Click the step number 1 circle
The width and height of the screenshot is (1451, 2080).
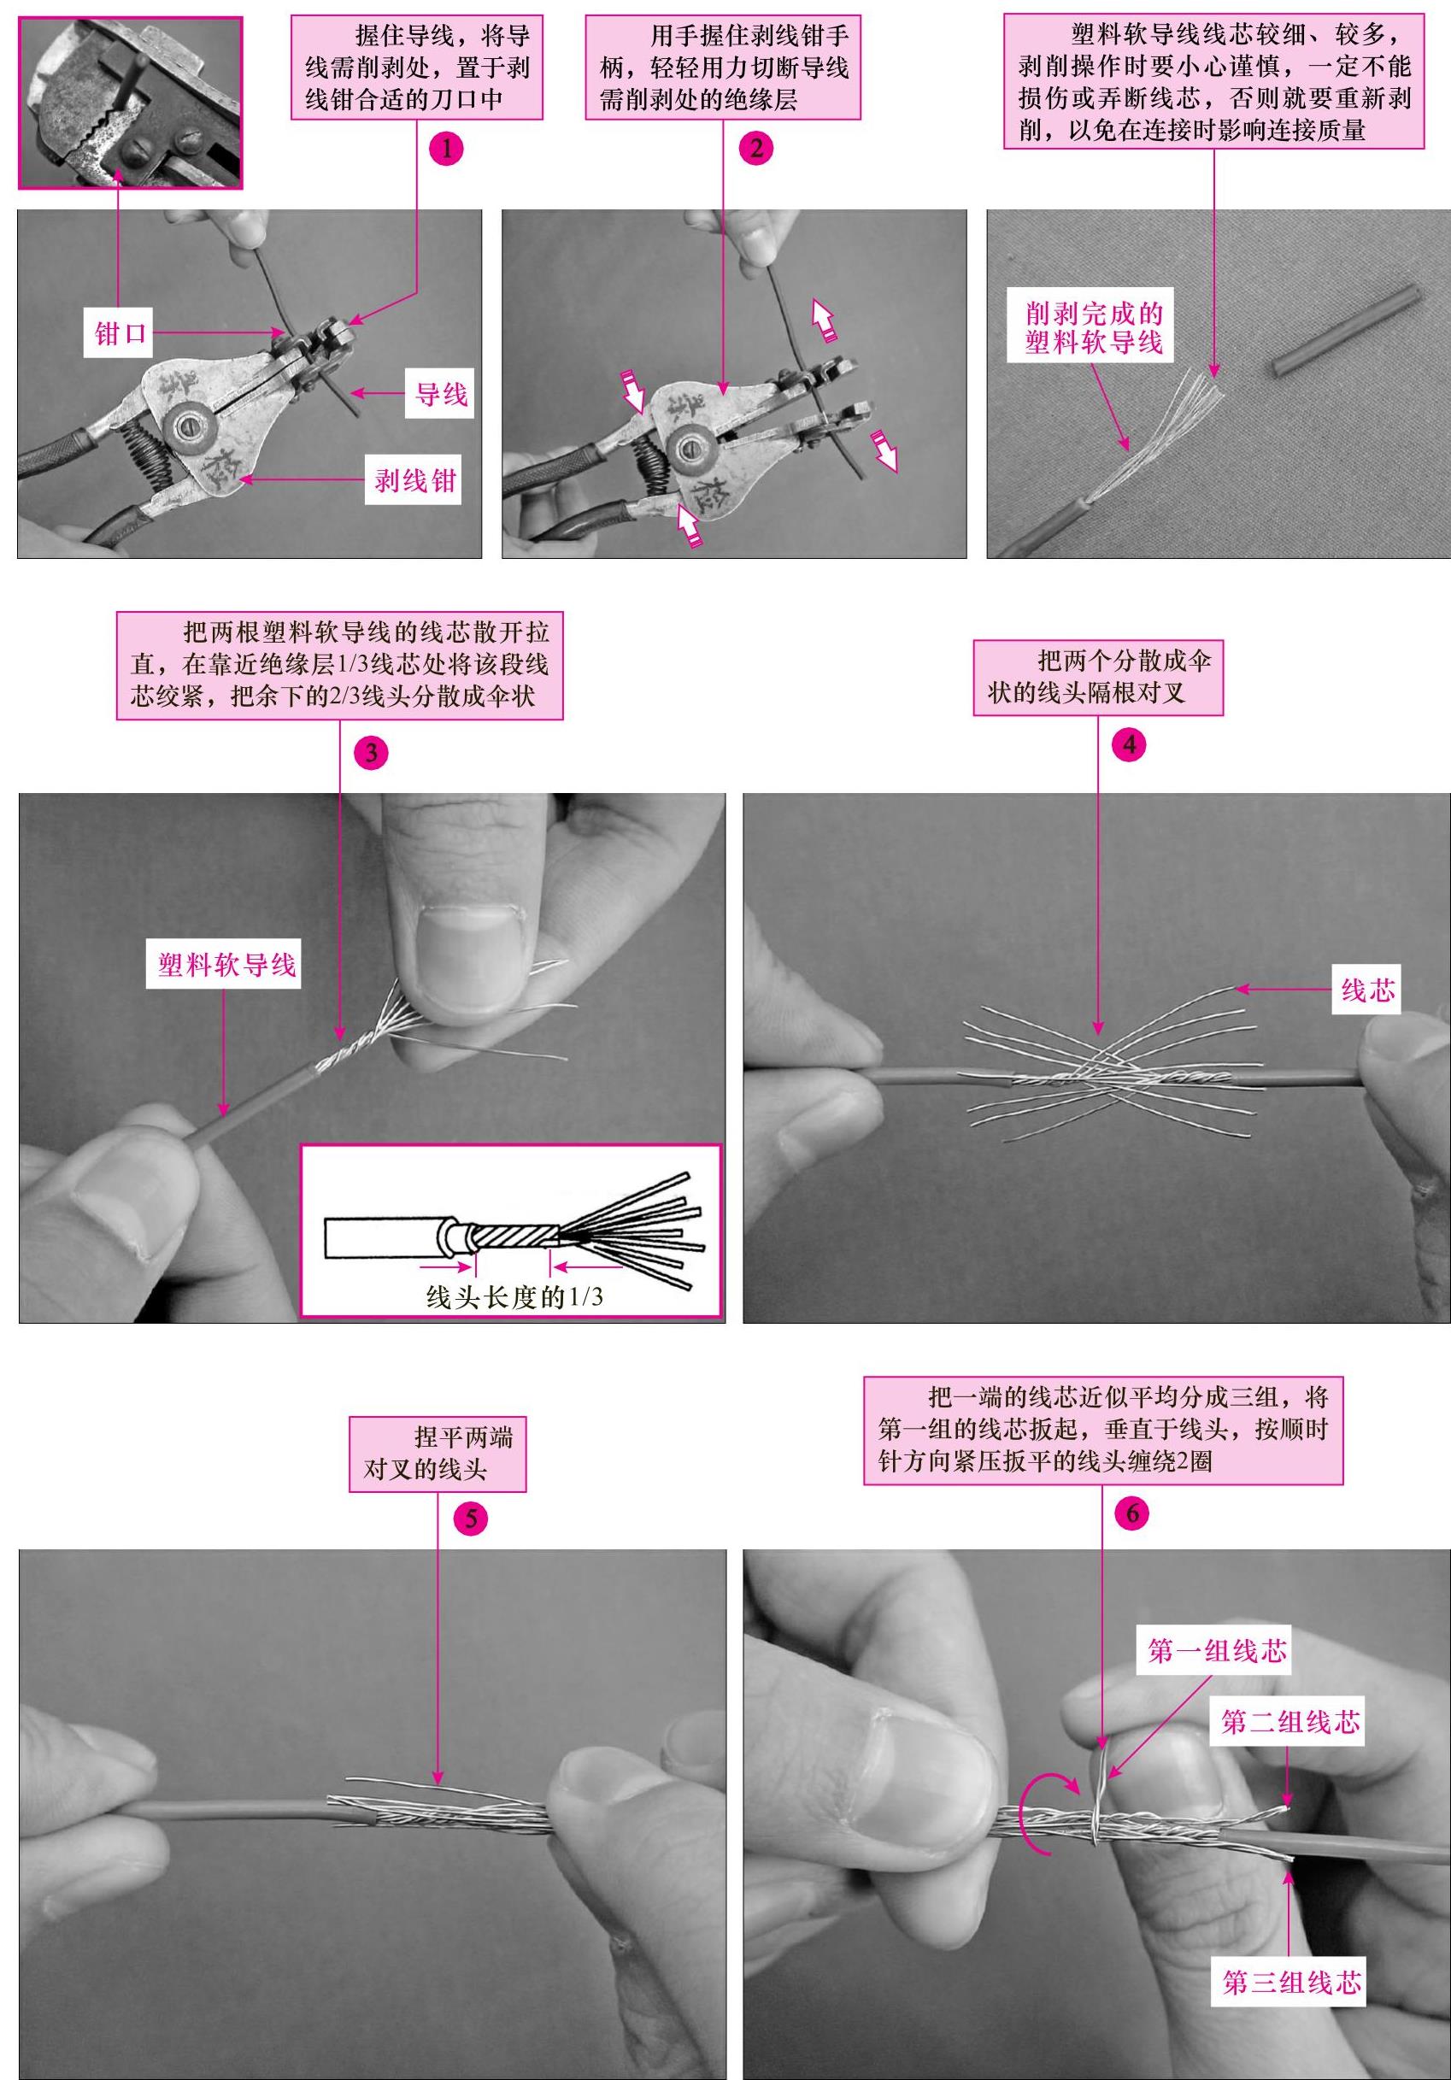click(x=445, y=148)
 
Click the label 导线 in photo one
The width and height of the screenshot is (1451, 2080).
click(x=441, y=394)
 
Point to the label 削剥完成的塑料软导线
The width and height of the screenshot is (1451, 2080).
click(x=1093, y=329)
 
